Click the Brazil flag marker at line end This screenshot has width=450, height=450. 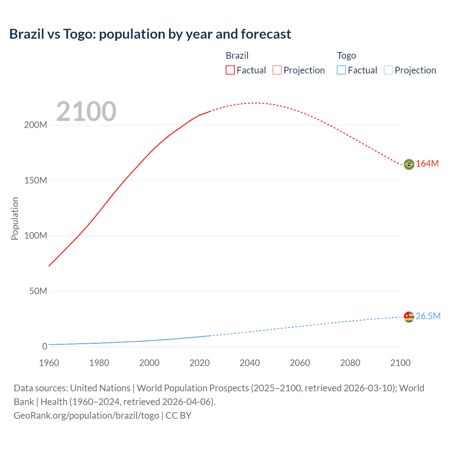tap(409, 164)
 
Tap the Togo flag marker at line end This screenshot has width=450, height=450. tap(409, 317)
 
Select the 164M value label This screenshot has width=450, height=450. tap(427, 164)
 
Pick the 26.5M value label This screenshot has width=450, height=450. tap(428, 316)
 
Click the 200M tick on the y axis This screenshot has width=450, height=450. tap(36, 125)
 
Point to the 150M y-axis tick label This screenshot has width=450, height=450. tap(36, 181)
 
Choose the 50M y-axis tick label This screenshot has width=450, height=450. tap(38, 291)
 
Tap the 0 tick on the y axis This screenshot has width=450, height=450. tap(45, 347)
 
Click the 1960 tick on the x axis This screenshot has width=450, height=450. tap(49, 363)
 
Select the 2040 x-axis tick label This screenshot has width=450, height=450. tap(250, 363)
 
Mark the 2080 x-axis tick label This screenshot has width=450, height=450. tap(350, 363)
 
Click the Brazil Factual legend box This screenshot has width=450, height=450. tap(230, 70)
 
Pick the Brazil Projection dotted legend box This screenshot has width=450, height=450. tap(277, 70)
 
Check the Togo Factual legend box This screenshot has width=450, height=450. tap(341, 70)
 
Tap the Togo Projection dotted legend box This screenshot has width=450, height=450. tap(388, 70)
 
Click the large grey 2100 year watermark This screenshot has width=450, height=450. tap(86, 111)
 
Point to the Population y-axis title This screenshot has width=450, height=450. tap(15, 218)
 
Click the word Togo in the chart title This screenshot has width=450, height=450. tap(79, 34)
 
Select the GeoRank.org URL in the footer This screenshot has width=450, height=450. tap(86, 416)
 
